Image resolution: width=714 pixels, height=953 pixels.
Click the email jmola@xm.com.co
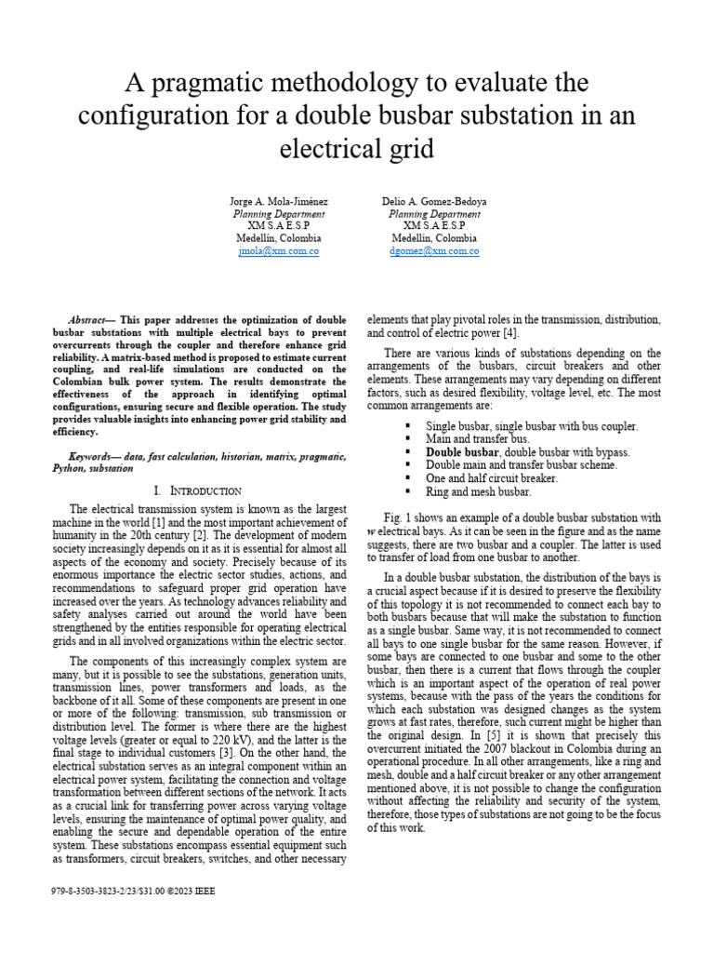click(x=278, y=250)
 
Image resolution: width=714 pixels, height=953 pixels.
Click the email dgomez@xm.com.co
click(x=434, y=250)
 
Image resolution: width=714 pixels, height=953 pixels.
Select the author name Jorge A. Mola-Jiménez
click(x=278, y=201)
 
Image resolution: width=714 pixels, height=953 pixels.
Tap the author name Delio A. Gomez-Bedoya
click(x=434, y=201)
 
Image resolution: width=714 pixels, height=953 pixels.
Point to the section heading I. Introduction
click(x=198, y=490)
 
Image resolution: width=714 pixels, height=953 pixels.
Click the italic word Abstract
click(x=91, y=318)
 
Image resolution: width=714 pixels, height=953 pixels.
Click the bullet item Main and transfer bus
click(x=477, y=438)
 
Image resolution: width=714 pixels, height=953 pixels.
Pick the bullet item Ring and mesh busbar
click(x=478, y=491)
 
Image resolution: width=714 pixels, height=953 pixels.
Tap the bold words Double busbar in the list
click(x=463, y=451)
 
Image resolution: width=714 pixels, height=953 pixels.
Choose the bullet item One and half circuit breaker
click(x=492, y=478)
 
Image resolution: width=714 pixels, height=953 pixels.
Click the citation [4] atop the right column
click(x=511, y=332)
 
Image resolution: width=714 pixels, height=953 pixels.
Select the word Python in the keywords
click(x=68, y=469)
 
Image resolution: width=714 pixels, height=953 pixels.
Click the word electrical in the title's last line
click(x=324, y=148)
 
